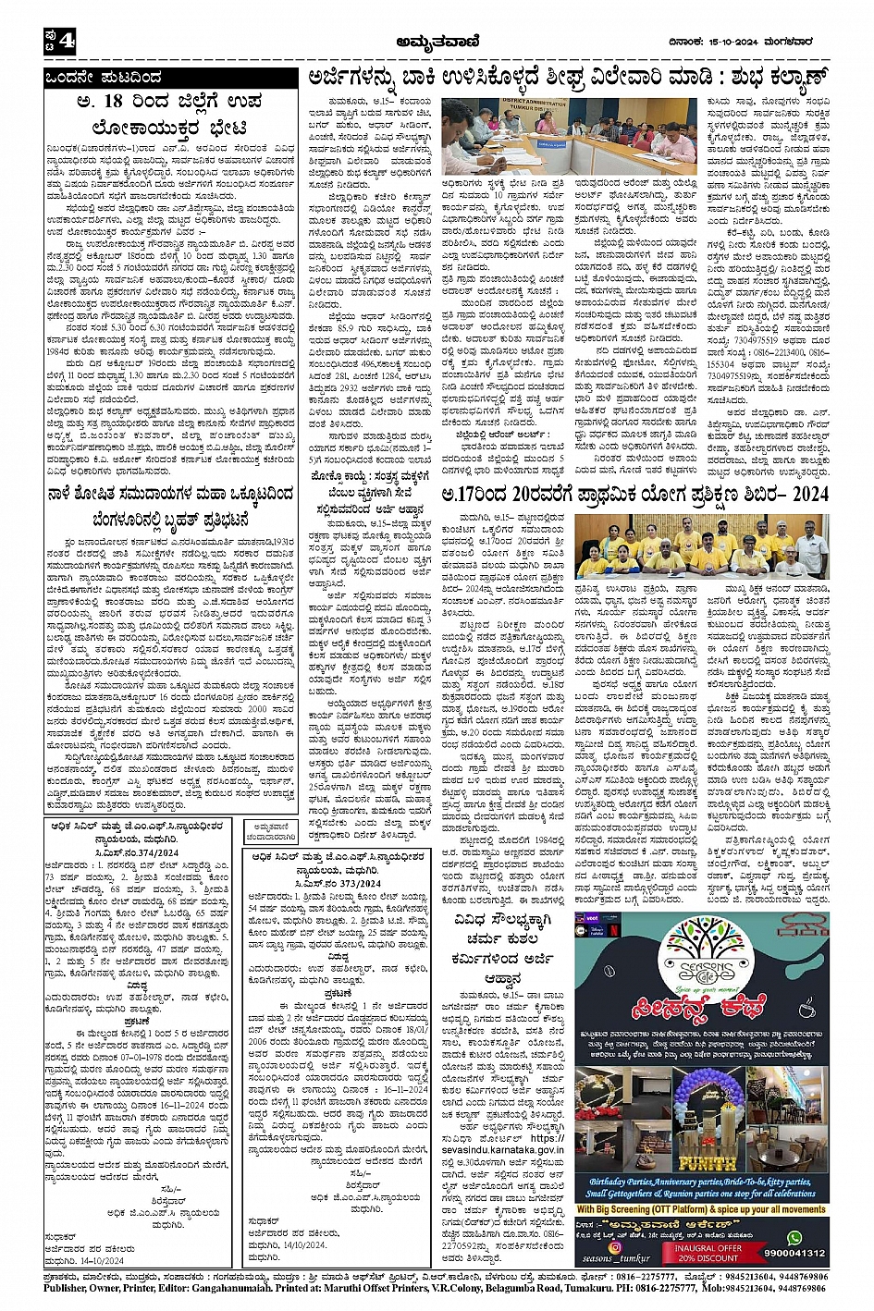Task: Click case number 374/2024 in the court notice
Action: point(148,852)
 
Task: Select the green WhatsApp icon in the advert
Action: point(794,1238)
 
